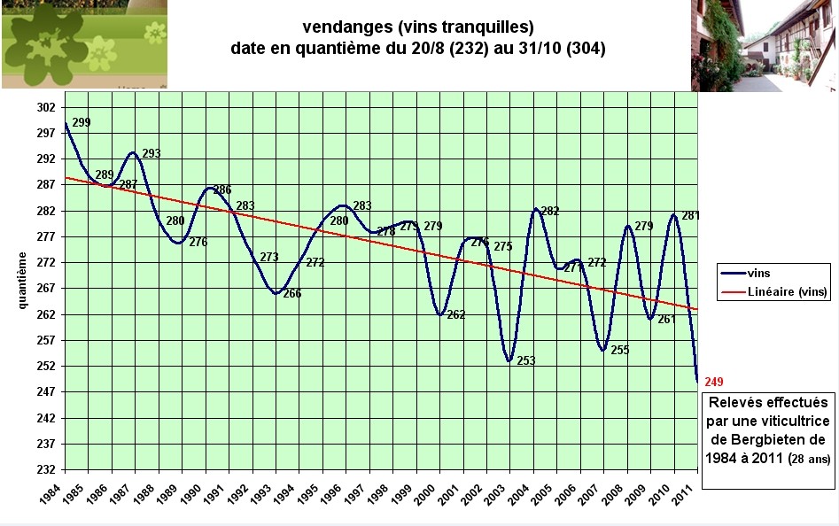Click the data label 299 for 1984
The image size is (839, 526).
pos(82,123)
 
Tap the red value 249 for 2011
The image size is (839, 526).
pos(714,382)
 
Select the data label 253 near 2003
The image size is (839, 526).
pos(526,360)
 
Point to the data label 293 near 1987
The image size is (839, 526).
pos(151,154)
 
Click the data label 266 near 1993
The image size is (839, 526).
pos(291,293)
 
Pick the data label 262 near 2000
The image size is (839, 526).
pos(455,314)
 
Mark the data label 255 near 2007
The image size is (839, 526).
pos(619,350)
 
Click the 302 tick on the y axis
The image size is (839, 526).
pos(47,108)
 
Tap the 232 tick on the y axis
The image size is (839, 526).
pos(47,469)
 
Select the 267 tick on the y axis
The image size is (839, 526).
pos(47,289)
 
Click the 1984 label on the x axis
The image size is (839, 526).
pos(52,493)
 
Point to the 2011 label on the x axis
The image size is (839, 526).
pos(685,493)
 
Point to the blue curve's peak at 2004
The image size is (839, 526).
pos(536,209)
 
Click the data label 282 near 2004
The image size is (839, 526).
pos(550,211)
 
